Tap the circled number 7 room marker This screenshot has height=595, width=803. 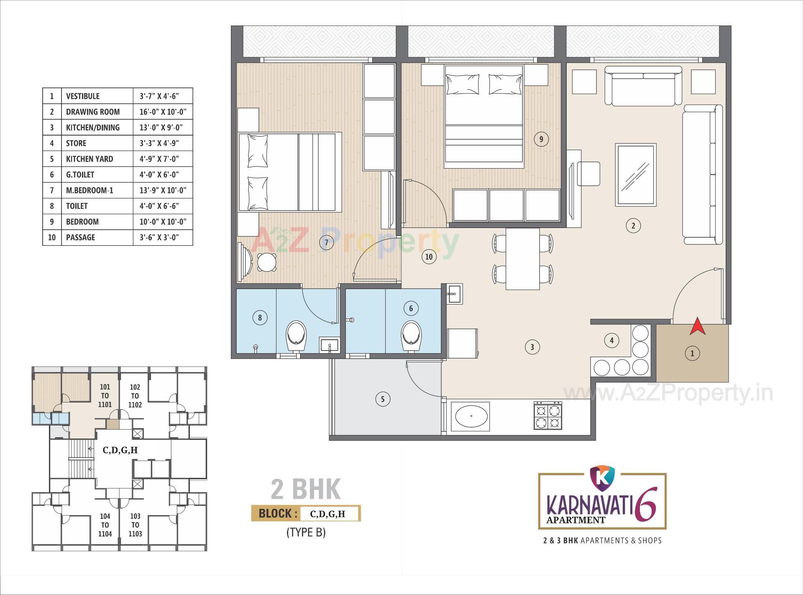coord(326,242)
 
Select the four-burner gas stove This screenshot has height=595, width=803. coord(547,415)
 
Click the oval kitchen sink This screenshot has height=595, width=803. coord(471,416)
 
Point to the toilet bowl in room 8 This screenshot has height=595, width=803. coord(297,336)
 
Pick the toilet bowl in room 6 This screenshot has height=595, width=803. coord(411,336)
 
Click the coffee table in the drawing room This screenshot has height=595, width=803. coord(635,175)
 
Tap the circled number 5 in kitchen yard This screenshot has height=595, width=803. coord(382,399)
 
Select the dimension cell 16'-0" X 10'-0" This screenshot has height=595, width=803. coord(163,112)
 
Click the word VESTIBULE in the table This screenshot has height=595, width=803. coord(83,96)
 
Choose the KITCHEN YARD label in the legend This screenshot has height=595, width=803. coord(90,159)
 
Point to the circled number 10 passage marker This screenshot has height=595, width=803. coord(429,256)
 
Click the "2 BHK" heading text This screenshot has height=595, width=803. coord(306,489)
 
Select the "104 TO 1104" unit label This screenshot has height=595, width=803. coord(105,525)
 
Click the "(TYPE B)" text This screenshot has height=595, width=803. coord(306,532)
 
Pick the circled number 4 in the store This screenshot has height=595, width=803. coord(611,340)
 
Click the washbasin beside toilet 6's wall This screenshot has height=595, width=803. coord(454,294)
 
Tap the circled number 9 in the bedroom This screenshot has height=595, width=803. coord(541,139)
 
